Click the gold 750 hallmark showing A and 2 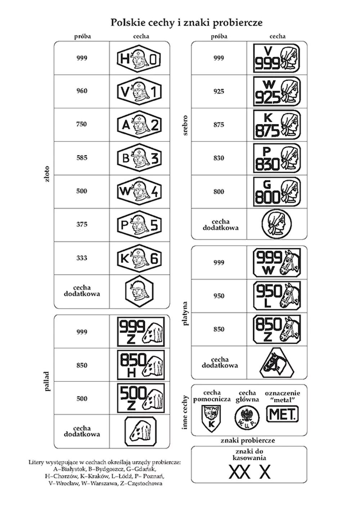click(x=139, y=125)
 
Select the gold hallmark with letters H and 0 click(x=139, y=58)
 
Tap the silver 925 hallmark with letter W click(x=276, y=91)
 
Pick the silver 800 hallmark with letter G click(x=276, y=191)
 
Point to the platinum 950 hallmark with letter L click(x=276, y=296)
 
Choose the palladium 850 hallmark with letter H click(x=141, y=365)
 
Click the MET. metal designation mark click(x=283, y=415)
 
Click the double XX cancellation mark click(x=240, y=472)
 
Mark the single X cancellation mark click(x=265, y=472)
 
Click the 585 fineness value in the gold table click(x=82, y=158)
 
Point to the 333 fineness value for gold click(x=82, y=258)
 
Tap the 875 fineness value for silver click(x=219, y=125)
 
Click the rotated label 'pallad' click(x=47, y=381)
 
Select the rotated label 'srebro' click(x=185, y=125)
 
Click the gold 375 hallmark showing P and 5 click(x=139, y=225)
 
